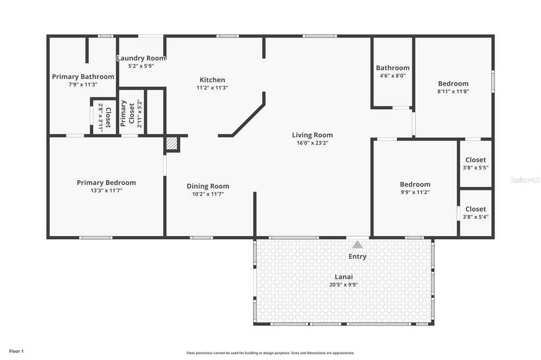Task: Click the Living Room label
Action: click(312, 135)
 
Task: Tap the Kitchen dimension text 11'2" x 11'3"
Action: click(212, 88)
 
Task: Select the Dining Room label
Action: click(208, 186)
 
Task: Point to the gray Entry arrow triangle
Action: click(358, 244)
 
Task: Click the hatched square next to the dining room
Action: click(172, 144)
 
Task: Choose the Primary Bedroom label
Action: click(106, 183)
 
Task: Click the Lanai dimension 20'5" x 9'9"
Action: click(343, 285)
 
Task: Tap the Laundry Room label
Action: click(141, 58)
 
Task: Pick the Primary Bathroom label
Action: click(83, 77)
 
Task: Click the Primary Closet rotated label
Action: click(127, 113)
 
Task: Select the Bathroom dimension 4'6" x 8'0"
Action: click(393, 76)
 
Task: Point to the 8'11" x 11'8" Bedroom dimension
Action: click(453, 91)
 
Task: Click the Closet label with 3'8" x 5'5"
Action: click(475, 160)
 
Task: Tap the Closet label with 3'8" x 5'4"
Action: click(475, 210)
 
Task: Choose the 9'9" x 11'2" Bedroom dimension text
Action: click(415, 193)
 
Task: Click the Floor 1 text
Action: click(16, 352)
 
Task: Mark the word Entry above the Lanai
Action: click(358, 257)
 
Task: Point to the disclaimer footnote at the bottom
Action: click(270, 353)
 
